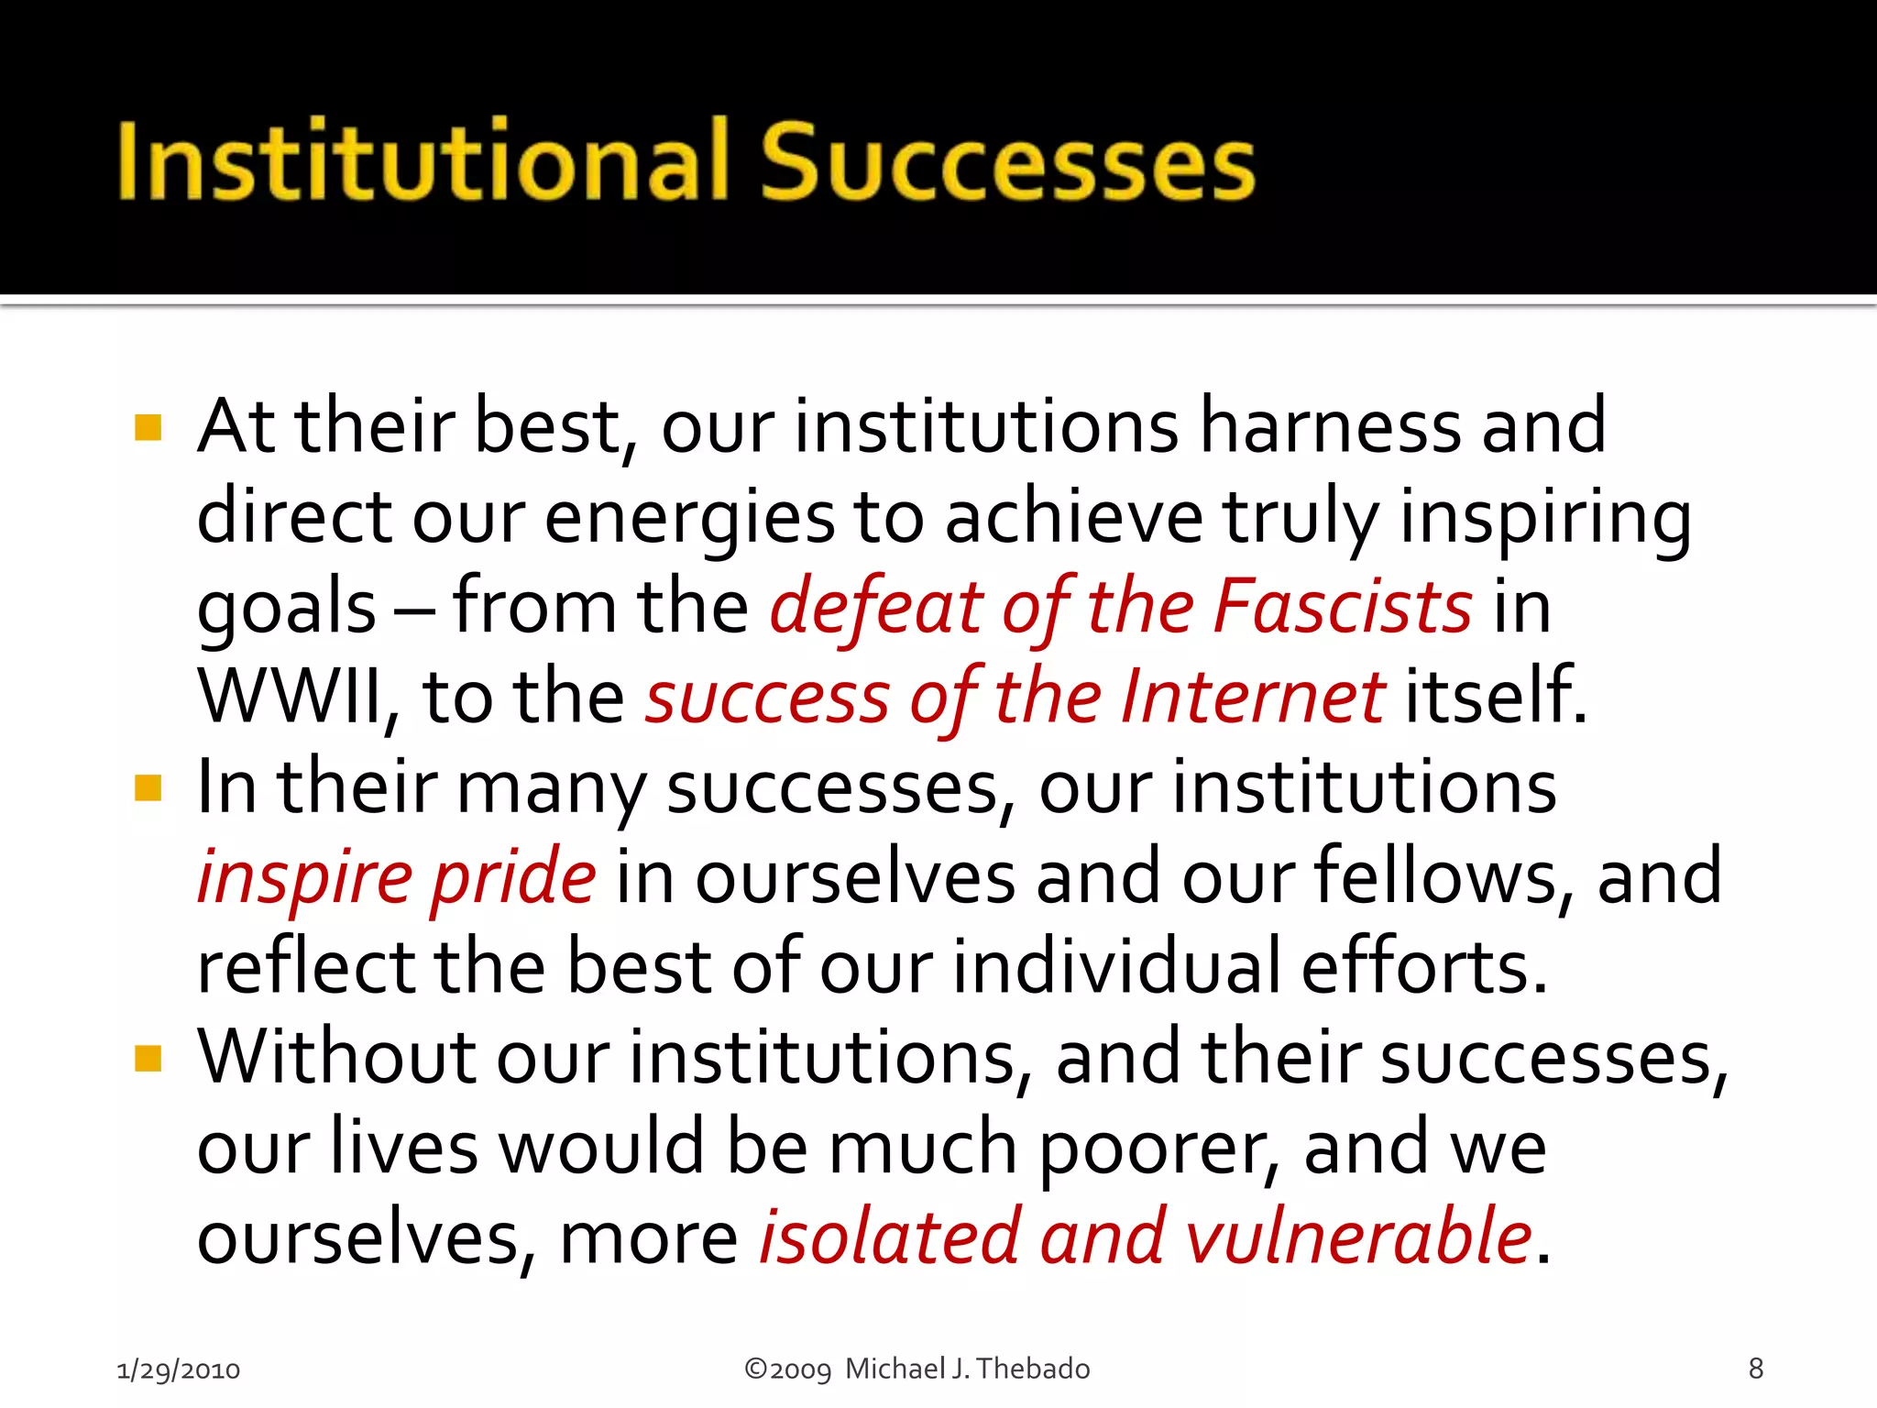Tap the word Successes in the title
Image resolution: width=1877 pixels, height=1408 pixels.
pos(1008,161)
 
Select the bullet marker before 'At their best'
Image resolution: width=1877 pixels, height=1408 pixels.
pos(148,427)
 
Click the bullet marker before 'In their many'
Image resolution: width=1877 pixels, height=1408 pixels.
pos(148,787)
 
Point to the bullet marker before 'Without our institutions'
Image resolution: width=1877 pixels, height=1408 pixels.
pos(148,1058)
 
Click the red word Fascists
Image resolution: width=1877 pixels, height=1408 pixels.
pos(1343,607)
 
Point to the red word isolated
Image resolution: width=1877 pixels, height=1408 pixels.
pos(890,1237)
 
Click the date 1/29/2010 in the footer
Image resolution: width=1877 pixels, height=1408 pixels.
pos(179,1369)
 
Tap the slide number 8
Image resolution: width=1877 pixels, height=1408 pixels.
pos(1755,1369)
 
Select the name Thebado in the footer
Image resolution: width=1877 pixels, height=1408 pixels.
pos(1033,1369)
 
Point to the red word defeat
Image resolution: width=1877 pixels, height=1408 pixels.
pos(875,607)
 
